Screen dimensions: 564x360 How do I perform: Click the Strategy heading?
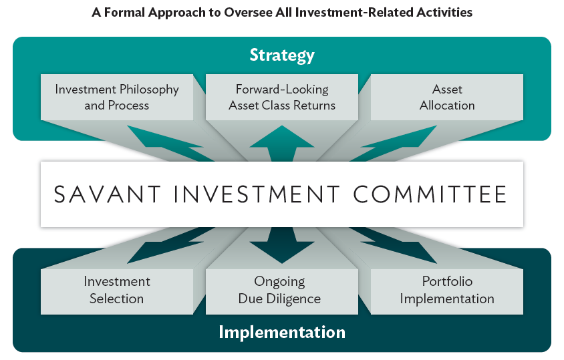[x=282, y=55]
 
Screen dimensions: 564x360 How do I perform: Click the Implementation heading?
[x=282, y=331]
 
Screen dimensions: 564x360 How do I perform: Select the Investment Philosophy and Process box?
[x=117, y=97]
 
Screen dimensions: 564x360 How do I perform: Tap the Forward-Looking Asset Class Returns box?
[x=282, y=97]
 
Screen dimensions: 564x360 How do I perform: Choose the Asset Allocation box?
[x=447, y=97]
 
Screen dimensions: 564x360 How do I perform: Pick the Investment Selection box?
[x=117, y=292]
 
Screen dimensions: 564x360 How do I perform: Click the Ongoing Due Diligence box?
[x=282, y=292]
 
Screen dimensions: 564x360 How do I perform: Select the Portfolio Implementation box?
[x=447, y=292]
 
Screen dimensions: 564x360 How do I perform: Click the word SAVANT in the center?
[x=107, y=194]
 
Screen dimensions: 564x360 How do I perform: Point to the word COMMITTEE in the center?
[x=430, y=194]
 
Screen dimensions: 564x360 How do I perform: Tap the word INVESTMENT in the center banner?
[x=257, y=194]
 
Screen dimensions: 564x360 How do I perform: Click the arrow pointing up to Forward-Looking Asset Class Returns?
[x=282, y=144]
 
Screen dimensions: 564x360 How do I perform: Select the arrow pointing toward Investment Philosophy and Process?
[x=169, y=144]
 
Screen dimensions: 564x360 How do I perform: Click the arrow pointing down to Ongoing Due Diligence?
[x=282, y=245]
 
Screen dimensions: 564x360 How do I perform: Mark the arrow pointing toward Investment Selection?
[x=169, y=244]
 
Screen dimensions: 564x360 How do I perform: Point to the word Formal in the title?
[x=124, y=13]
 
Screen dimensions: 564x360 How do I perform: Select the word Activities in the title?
[x=444, y=13]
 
